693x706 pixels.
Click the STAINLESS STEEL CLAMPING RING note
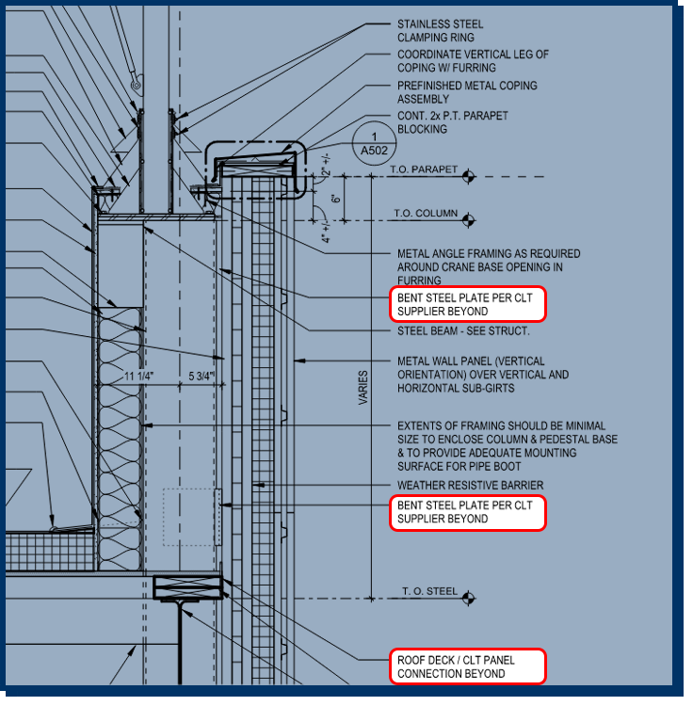(x=440, y=31)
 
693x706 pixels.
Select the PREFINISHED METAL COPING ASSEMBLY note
(x=467, y=92)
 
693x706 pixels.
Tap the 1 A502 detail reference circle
(x=374, y=143)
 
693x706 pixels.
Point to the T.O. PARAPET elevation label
(x=424, y=169)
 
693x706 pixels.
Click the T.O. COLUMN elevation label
(x=426, y=214)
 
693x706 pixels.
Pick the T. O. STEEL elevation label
(x=429, y=591)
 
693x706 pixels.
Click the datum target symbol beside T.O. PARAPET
(x=468, y=177)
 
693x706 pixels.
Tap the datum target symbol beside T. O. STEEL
(x=468, y=598)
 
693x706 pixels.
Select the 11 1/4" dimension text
(x=138, y=376)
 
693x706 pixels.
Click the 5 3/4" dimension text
(x=201, y=376)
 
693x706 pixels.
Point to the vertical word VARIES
(x=363, y=388)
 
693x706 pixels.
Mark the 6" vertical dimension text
(x=335, y=199)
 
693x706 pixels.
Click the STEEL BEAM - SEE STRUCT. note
(x=463, y=331)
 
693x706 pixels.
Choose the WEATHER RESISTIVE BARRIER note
(x=470, y=486)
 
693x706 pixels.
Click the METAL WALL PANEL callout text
(x=483, y=375)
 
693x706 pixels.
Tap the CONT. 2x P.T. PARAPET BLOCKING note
(x=453, y=122)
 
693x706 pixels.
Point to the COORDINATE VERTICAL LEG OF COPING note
(x=473, y=61)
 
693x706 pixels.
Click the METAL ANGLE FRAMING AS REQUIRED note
(x=489, y=267)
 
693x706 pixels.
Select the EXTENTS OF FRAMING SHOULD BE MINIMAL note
(x=508, y=446)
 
